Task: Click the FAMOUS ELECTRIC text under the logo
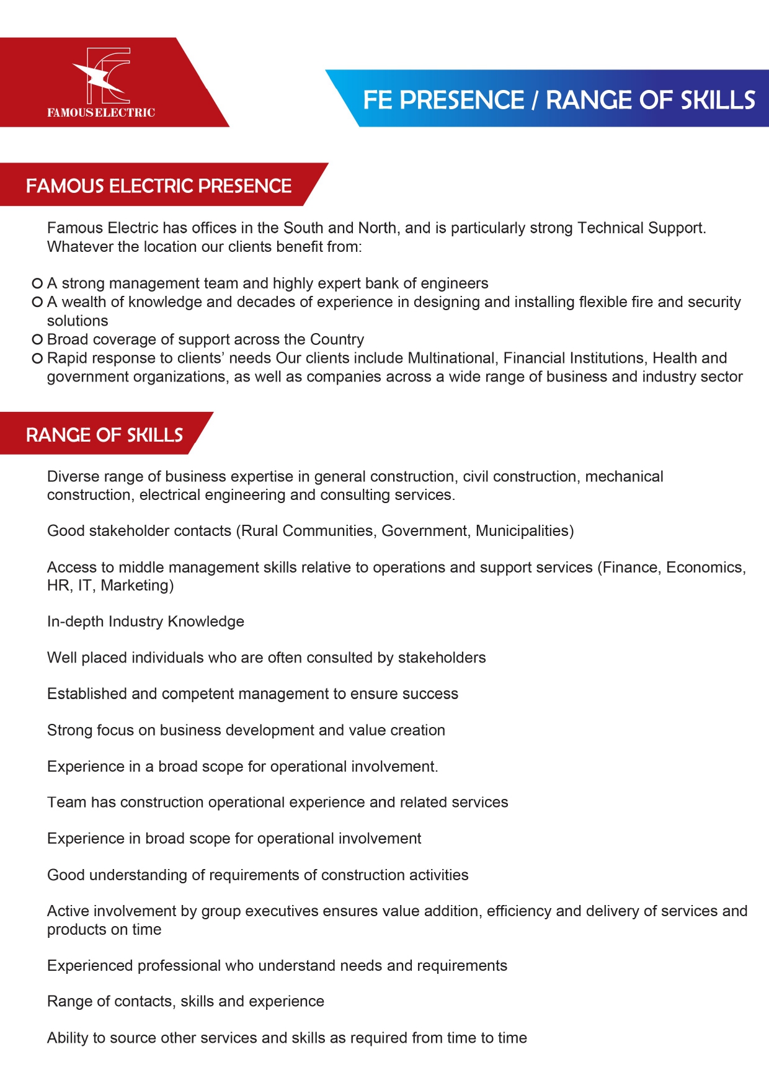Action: pos(101,113)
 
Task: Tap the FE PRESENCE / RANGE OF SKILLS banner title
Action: pos(559,100)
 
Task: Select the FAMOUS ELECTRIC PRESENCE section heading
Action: pos(159,185)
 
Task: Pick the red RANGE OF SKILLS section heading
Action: pos(104,434)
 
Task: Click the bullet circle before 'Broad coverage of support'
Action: pos(37,339)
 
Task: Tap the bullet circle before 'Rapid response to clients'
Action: pos(37,358)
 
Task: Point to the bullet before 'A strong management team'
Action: pos(37,283)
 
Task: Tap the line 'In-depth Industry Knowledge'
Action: pos(146,622)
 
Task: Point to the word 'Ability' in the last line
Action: pos(67,1038)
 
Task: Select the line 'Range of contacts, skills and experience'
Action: pos(185,1002)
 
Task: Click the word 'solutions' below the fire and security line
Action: pos(78,321)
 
